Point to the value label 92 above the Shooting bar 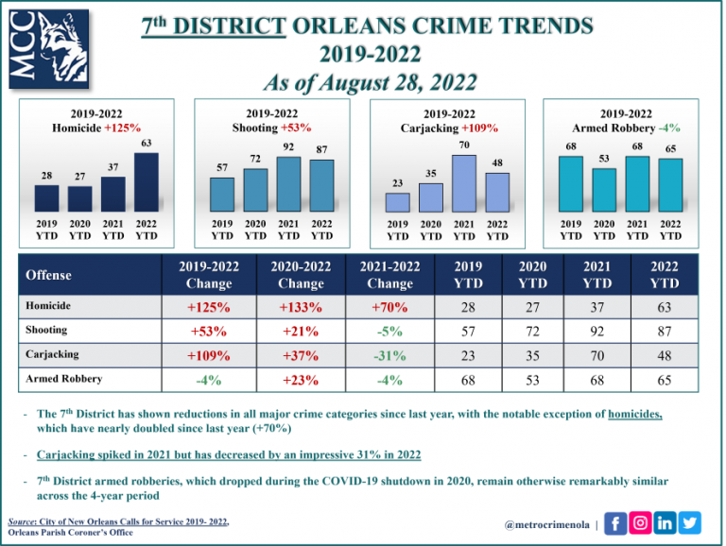[288, 147]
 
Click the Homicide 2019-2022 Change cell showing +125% [209, 307]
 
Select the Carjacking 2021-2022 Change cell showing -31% [389, 356]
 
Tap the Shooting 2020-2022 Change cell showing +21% [301, 332]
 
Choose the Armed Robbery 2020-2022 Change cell [301, 381]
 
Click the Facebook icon [615, 522]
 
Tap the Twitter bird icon [690, 522]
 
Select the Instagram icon [641, 522]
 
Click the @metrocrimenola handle [545, 524]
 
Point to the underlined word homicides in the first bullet [637, 414]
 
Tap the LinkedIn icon [665, 522]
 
